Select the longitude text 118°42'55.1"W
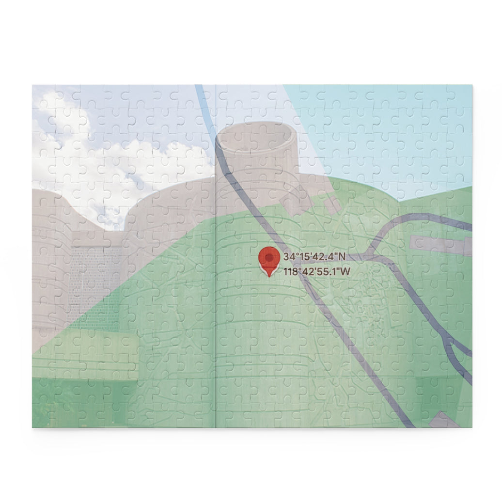pyautogui.click(x=317, y=271)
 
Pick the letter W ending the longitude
pyautogui.click(x=345, y=271)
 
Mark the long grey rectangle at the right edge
pyautogui.click(x=441, y=245)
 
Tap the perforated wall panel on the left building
pyautogui.click(x=94, y=276)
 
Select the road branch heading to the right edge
pyautogui.click(x=426, y=218)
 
